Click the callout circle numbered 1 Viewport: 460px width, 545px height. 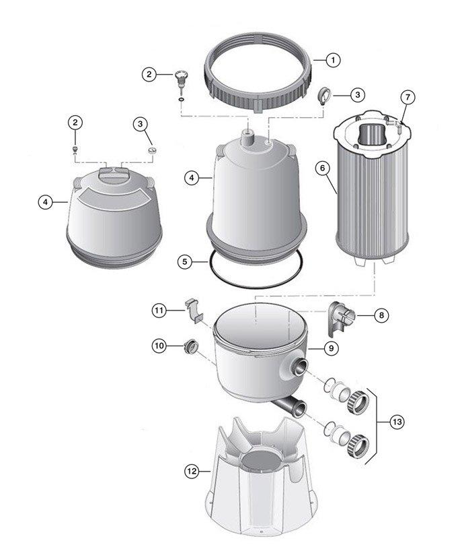[x=332, y=60]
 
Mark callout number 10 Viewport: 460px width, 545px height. [x=160, y=346]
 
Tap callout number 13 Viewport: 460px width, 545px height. [x=398, y=422]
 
